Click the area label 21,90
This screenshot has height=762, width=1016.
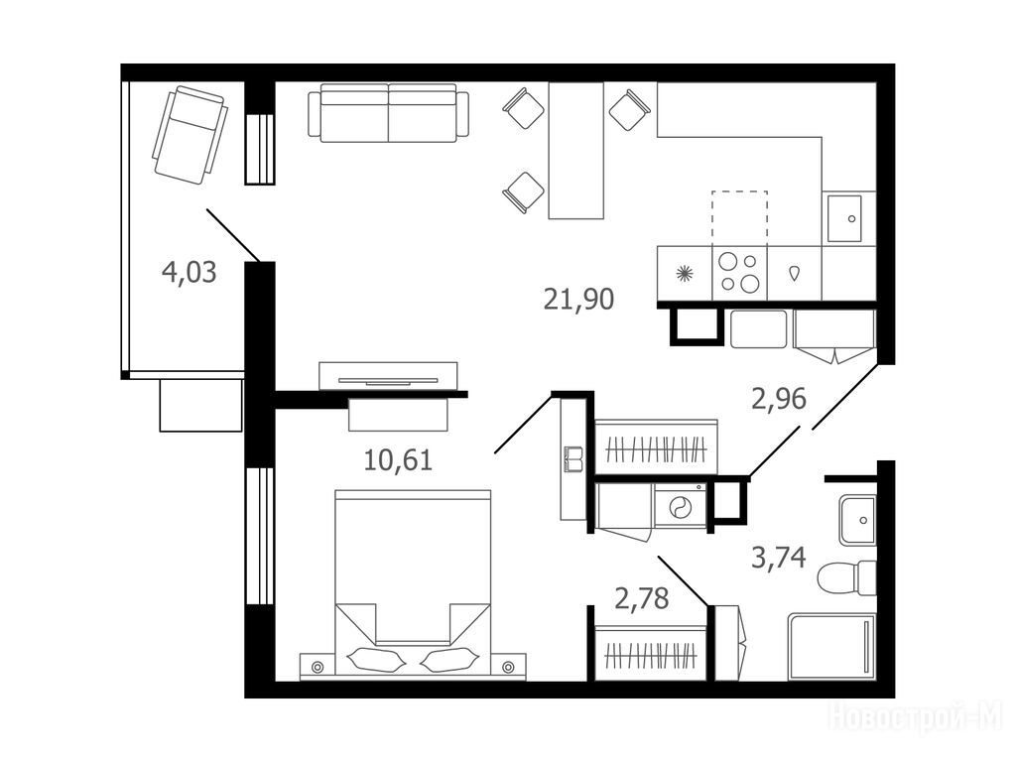click(x=578, y=300)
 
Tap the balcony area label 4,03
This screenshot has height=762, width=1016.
click(x=189, y=272)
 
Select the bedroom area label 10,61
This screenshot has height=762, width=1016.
click(x=398, y=460)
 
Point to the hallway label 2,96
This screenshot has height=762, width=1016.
click(x=778, y=399)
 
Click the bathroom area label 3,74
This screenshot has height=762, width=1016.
click(x=778, y=558)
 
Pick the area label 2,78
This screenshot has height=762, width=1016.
click(x=641, y=598)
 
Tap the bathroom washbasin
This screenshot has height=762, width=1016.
click(x=858, y=520)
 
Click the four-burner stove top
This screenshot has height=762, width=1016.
click(x=739, y=273)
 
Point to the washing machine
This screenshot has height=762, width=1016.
click(x=680, y=507)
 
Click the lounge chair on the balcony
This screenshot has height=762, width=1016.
click(x=190, y=135)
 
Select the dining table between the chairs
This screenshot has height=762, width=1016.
click(x=576, y=151)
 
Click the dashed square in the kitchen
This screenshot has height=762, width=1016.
click(x=739, y=215)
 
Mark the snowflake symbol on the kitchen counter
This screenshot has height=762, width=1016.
click(x=685, y=274)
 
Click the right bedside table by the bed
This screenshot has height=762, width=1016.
click(x=508, y=666)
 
